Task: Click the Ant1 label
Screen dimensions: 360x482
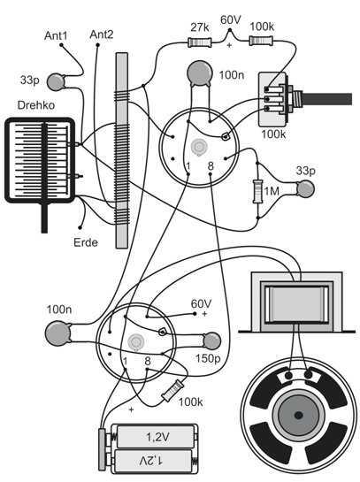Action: pyautogui.click(x=56, y=35)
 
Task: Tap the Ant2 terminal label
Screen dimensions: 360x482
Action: pyautogui.click(x=102, y=34)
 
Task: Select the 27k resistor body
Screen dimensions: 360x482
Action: pyautogui.click(x=200, y=42)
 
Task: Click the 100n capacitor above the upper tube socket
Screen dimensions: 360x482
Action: pyautogui.click(x=200, y=73)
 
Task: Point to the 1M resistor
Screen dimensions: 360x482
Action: pyautogui.click(x=257, y=192)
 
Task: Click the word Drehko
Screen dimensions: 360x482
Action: pyautogui.click(x=36, y=105)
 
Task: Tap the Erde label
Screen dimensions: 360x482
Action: pyautogui.click(x=86, y=242)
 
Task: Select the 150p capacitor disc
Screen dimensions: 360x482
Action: pyautogui.click(x=211, y=341)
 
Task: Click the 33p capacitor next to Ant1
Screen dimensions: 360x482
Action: pyautogui.click(x=56, y=81)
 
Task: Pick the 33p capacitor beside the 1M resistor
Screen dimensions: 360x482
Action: pyautogui.click(x=305, y=188)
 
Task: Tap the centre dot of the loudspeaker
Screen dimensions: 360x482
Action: pyautogui.click(x=298, y=416)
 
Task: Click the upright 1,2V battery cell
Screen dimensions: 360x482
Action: pyautogui.click(x=156, y=437)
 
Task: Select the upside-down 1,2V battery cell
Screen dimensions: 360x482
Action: pyautogui.click(x=154, y=461)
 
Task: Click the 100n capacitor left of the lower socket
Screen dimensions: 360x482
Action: pyautogui.click(x=57, y=333)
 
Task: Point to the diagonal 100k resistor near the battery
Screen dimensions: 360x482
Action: pyautogui.click(x=173, y=390)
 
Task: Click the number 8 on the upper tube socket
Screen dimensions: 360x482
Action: pyautogui.click(x=211, y=166)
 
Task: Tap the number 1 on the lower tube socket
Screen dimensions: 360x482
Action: pyautogui.click(x=125, y=361)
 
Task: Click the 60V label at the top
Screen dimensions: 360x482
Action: pyautogui.click(x=231, y=20)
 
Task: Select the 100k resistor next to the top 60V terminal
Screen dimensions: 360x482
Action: pyautogui.click(x=261, y=41)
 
